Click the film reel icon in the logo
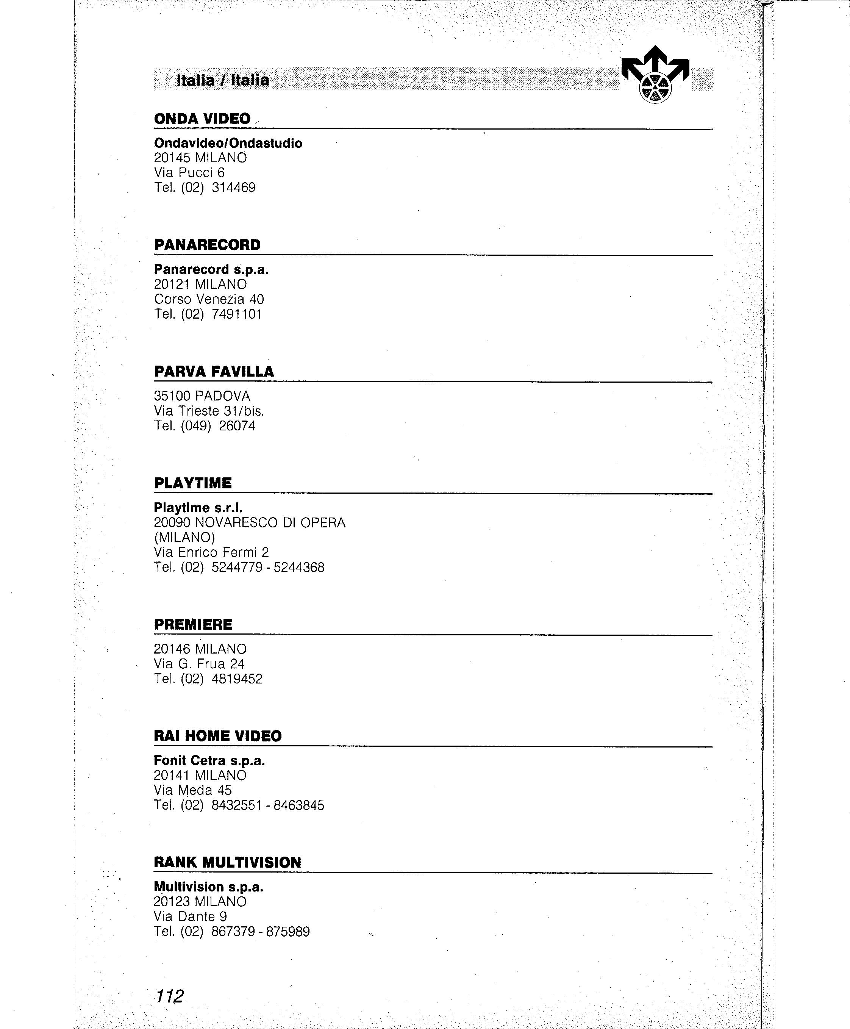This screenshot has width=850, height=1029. (655, 88)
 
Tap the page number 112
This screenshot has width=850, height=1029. (169, 996)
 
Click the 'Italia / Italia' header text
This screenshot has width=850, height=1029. (223, 80)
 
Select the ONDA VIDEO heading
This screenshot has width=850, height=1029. (202, 119)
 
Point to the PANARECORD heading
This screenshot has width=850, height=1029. (207, 245)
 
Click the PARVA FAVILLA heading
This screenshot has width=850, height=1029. (214, 371)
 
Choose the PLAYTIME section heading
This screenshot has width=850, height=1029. (193, 483)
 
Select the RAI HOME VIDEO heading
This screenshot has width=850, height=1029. (217, 736)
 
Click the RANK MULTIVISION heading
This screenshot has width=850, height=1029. (227, 862)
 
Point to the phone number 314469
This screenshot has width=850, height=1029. (234, 188)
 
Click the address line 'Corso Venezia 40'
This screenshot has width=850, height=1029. (209, 299)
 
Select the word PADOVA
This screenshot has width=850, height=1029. (222, 396)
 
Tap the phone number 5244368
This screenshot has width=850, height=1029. (299, 568)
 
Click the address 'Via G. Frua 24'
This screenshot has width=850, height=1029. (199, 664)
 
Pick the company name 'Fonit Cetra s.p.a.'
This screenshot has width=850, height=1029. (209, 761)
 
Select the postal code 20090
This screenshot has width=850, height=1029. (172, 523)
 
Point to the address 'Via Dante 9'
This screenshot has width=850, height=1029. (190, 916)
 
